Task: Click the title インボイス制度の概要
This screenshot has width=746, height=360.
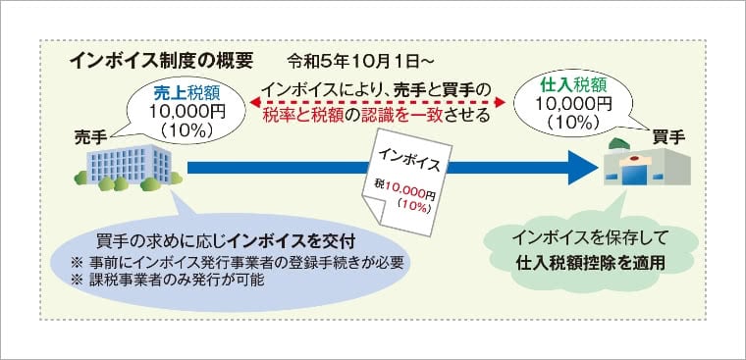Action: click(162, 58)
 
